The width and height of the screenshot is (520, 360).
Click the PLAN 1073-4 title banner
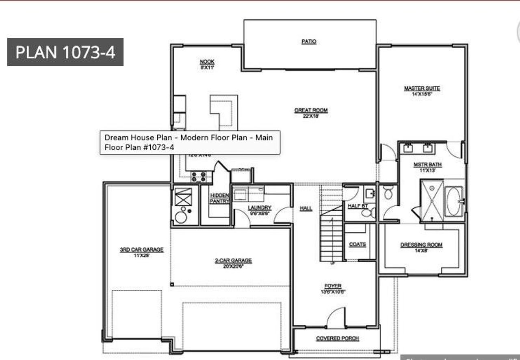point(65,52)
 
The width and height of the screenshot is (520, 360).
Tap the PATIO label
point(309,41)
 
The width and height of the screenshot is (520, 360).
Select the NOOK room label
point(207,62)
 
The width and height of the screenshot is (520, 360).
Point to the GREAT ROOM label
point(311,110)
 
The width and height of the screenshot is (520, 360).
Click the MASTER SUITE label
point(422,88)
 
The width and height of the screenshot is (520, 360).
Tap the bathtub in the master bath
point(453,201)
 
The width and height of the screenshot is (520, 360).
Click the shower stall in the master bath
point(432,201)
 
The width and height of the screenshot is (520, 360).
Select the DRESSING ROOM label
point(421,245)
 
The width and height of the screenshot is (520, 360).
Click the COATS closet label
point(357,244)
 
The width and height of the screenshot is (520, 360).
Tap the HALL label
point(306,208)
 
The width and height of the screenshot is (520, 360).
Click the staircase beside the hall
point(331,235)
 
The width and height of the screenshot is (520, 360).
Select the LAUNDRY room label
point(260,208)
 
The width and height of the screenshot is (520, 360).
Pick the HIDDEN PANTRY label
point(219,198)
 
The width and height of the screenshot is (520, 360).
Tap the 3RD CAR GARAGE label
point(141,250)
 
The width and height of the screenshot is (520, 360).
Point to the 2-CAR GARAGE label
point(233,261)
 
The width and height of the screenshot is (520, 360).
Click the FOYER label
point(333,286)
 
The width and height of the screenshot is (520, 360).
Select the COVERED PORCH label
point(337,338)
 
